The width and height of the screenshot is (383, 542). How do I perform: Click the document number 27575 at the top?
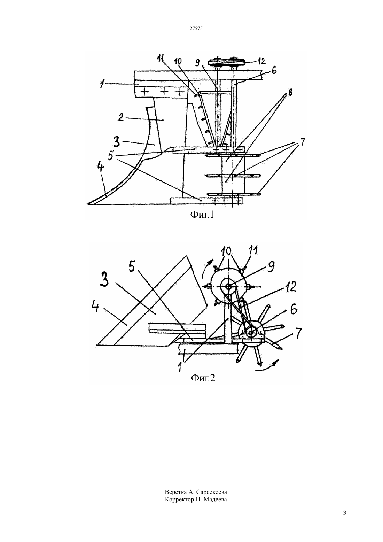[x=196, y=28]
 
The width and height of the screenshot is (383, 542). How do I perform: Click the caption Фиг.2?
[x=203, y=378]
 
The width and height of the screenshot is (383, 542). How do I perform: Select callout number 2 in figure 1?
[x=121, y=118]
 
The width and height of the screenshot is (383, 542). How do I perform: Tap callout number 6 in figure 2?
[x=293, y=310]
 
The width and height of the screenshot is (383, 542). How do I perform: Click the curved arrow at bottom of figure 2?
[x=268, y=367]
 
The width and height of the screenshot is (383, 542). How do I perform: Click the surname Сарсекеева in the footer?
[x=211, y=492]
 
